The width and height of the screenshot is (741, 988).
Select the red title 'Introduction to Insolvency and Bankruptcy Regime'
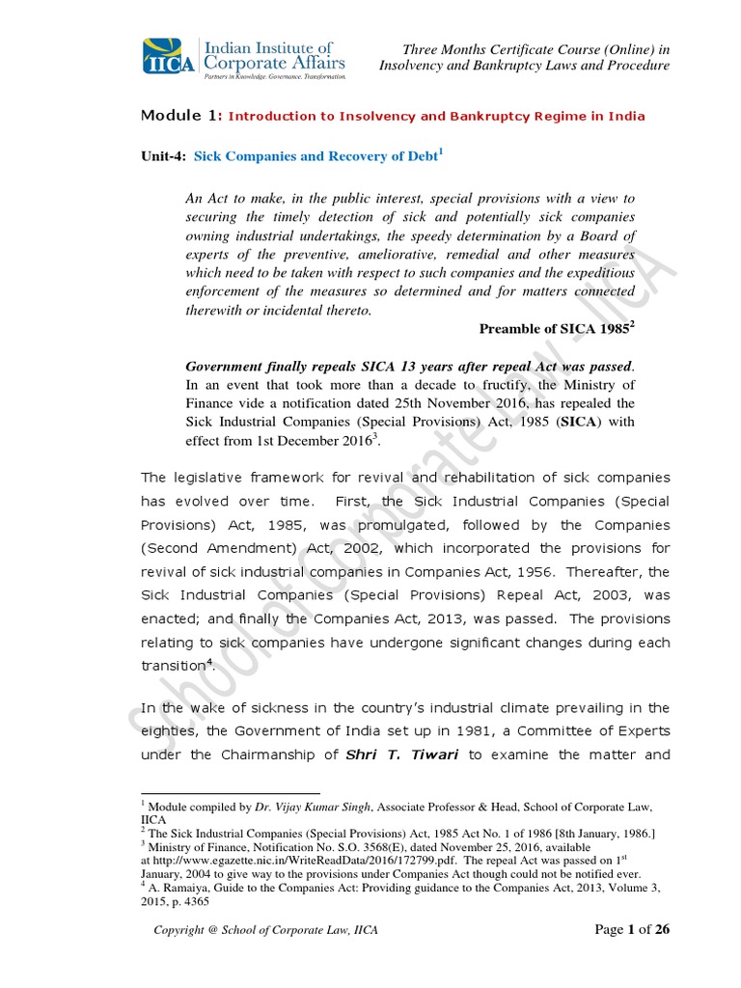tap(436, 117)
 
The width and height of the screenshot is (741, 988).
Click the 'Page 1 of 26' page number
tap(632, 929)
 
